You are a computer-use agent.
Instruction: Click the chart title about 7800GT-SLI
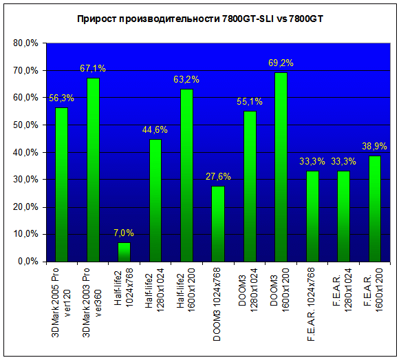coord(200,19)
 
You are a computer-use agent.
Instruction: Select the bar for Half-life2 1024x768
coord(124,252)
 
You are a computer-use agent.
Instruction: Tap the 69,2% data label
coord(281,63)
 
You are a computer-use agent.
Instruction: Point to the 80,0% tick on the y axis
coord(25,43)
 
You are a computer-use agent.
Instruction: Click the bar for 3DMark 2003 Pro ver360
coord(93,170)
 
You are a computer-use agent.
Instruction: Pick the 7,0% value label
coord(124,233)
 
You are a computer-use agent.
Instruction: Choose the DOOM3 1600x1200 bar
coord(281,167)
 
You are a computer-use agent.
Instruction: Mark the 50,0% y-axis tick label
coord(25,125)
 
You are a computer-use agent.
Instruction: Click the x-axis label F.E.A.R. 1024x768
coord(311,304)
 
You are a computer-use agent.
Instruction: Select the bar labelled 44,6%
coord(155,200)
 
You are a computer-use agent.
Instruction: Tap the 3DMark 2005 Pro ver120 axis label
coord(61,303)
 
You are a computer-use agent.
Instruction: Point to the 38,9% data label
coord(374,147)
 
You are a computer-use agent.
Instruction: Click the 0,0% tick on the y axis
coord(28,262)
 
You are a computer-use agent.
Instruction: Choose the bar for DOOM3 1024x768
coord(218,224)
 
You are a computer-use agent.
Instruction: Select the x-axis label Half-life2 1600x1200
coord(186,289)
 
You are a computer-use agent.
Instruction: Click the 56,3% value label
coord(61,98)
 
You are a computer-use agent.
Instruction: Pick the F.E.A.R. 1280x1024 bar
coord(343,216)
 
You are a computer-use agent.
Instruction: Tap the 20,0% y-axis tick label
coord(25,207)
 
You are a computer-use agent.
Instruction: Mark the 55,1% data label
coord(250,102)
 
